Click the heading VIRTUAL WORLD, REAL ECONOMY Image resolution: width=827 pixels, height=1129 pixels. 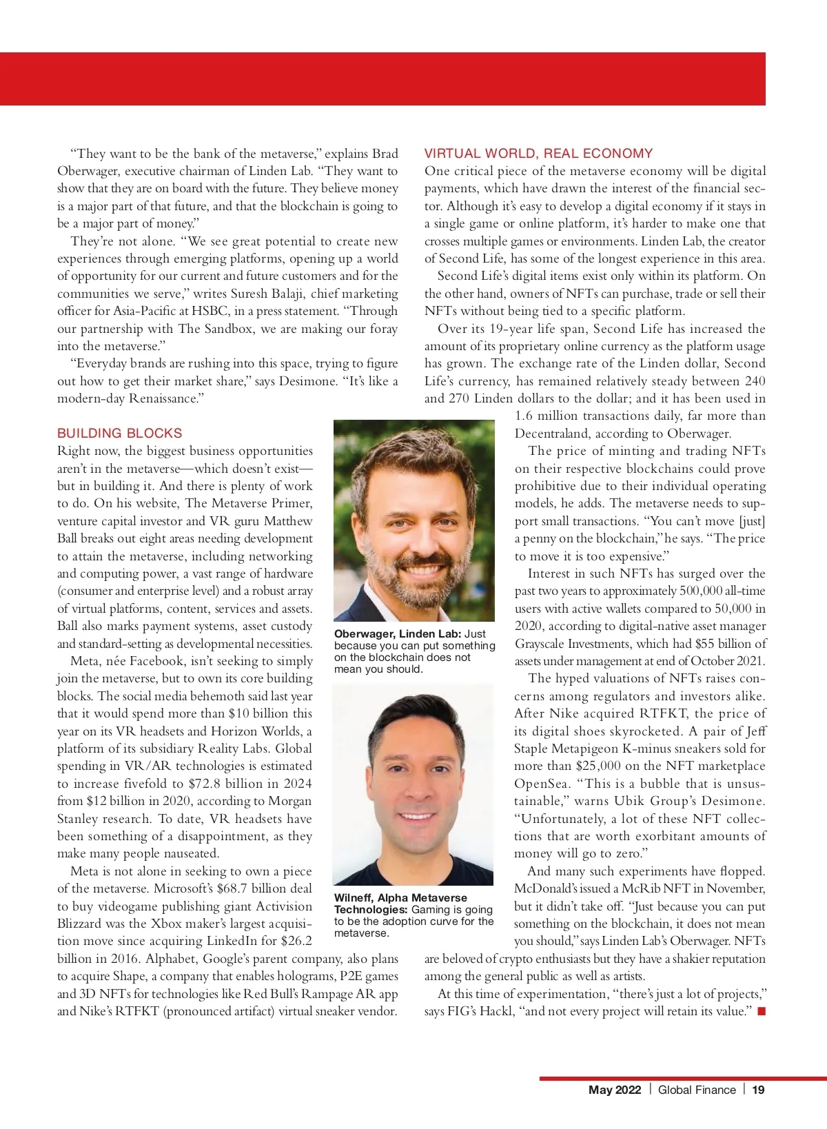(x=538, y=154)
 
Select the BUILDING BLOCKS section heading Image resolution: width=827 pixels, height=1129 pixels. (x=120, y=434)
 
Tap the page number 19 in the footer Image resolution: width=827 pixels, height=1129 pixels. (x=758, y=1090)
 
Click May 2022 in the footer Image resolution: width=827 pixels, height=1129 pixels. (x=615, y=1090)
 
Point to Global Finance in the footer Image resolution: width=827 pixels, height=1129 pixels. (x=697, y=1090)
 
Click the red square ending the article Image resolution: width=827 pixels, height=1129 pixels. (x=762, y=1011)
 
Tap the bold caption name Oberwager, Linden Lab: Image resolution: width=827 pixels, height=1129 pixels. (x=398, y=634)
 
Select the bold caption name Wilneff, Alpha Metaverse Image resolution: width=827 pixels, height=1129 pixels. (x=400, y=897)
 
